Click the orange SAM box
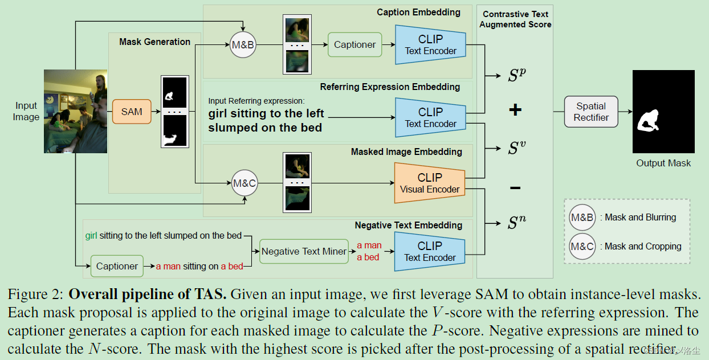pos(132,112)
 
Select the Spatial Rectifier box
pos(591,112)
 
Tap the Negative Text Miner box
pos(304,251)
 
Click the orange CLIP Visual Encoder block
pos(430,183)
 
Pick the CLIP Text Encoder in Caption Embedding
pos(430,44)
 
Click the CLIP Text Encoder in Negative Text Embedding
pos(430,251)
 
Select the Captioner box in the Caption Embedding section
pos(354,44)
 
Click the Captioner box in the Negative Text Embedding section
pos(117,266)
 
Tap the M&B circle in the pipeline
pos(243,44)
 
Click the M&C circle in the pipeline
pos(245,183)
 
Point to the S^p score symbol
pos(517,75)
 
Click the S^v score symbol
pos(517,148)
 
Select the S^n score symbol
pos(517,223)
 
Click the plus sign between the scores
pos(515,110)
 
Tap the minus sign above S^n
pos(515,187)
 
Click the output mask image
pos(663,112)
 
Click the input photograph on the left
pos(75,112)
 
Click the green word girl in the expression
pos(91,235)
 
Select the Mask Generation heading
pos(154,42)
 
